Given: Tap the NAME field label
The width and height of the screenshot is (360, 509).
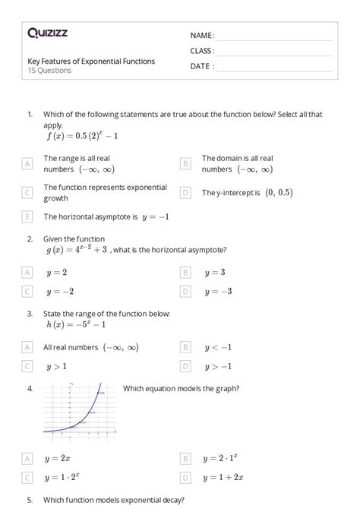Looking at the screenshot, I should pos(202,36).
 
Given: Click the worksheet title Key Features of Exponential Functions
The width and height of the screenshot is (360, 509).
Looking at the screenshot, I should pos(91,61).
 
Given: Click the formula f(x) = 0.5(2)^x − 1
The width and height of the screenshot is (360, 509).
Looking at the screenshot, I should pos(82,136).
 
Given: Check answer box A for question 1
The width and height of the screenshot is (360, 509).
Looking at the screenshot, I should pos(27,163).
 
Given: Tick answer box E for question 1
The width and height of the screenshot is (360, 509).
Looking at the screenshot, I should pos(27,217).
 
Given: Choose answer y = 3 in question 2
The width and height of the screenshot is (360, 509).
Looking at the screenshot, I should pos(214,271).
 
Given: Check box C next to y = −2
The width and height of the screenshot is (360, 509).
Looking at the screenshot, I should pos(27,291).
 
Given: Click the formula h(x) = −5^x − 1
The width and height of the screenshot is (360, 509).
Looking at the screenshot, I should pos(75,324).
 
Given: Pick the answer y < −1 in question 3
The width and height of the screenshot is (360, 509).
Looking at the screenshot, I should pos(217,347).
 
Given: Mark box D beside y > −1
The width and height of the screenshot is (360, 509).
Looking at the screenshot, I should pos(185,366).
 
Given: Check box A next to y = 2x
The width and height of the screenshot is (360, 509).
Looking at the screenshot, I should pos(27,459).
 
